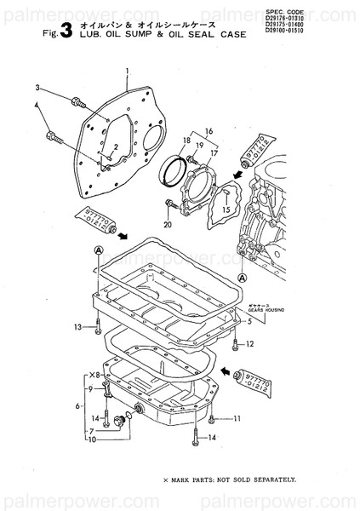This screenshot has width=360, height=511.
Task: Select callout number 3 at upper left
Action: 37,88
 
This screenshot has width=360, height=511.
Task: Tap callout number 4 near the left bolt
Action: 37,105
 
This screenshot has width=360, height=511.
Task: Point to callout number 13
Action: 77,326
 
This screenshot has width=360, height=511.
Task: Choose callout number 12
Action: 249,344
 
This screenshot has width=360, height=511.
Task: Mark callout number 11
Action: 237,418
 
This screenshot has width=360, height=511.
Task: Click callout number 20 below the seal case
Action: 168,224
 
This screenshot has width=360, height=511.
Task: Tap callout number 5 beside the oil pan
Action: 249,323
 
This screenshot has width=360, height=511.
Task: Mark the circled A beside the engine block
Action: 243,278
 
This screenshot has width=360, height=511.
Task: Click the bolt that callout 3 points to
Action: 78,102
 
